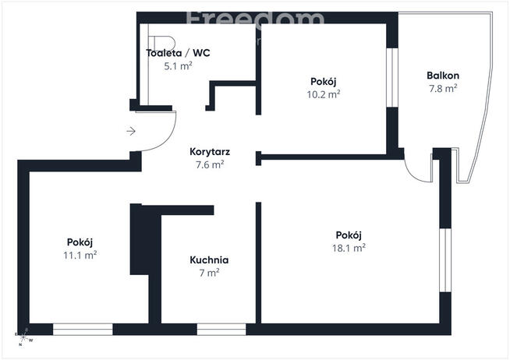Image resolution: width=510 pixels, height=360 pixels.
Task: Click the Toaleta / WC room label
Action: pos(178,54)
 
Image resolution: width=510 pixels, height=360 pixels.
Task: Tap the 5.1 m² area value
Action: pos(178,66)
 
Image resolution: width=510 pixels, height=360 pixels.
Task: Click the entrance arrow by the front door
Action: pos(132,131)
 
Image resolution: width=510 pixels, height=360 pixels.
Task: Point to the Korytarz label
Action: pos(209,152)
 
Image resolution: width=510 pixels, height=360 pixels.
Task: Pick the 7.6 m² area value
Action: pos(209,164)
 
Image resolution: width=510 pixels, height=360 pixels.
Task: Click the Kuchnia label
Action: pos(209,260)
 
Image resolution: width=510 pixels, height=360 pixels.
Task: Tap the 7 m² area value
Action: pos(209,273)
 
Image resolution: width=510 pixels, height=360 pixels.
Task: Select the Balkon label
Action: pos(442,76)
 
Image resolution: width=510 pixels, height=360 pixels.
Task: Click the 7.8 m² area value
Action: pos(442,88)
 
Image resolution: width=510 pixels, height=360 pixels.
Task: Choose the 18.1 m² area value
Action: pos(349,248)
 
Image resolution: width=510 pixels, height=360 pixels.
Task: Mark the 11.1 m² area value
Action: pos(80,254)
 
